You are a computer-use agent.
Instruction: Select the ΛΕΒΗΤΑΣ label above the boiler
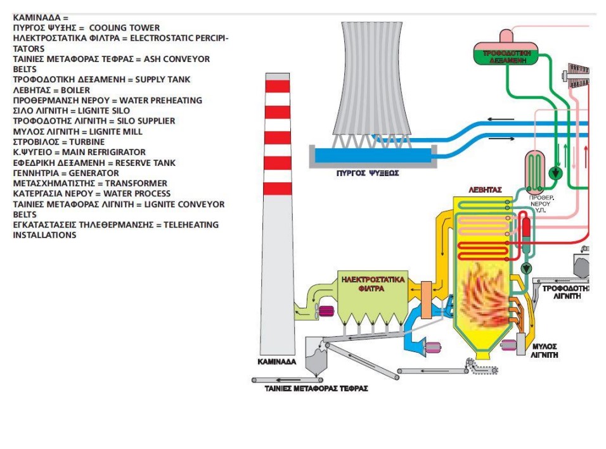[485, 189]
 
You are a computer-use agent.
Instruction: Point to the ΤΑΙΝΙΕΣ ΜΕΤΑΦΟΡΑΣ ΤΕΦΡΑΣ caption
[316, 388]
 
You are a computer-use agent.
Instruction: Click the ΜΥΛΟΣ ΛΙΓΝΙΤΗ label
[544, 351]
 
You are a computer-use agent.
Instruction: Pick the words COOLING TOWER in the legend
[124, 28]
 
